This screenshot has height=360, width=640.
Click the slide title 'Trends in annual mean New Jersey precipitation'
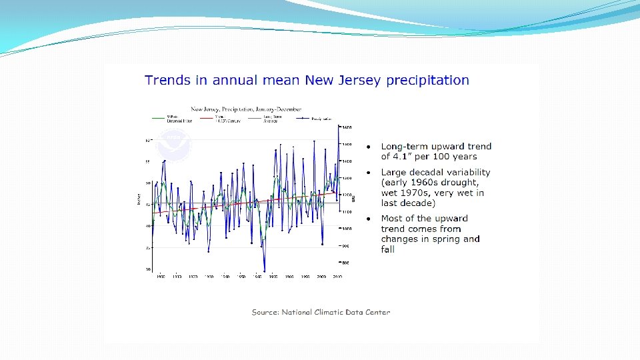coord(307,81)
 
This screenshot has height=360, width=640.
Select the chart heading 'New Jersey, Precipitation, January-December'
coord(246,109)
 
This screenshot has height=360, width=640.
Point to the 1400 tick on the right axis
coord(347,161)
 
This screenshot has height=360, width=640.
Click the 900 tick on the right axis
coord(347,246)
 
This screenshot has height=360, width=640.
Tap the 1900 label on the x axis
coord(161,275)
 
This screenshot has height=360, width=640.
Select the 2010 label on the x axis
coord(337,275)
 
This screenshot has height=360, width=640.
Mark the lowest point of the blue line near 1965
coord(265,271)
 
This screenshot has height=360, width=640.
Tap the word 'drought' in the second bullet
coord(461,183)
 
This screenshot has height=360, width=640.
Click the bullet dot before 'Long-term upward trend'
coord(367,147)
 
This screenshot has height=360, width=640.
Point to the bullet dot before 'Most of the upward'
coord(367,219)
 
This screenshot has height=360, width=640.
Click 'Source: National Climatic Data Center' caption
coord(321,312)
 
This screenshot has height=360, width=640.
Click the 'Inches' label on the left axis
coord(139,199)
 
